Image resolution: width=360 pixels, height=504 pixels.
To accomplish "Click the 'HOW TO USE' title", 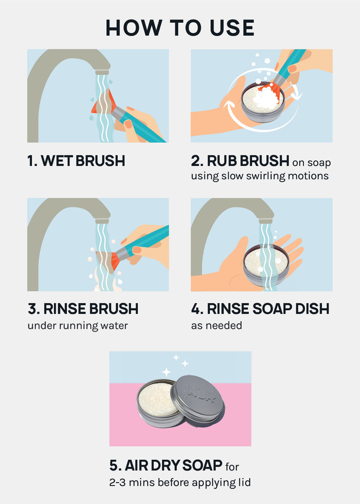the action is click(x=180, y=28).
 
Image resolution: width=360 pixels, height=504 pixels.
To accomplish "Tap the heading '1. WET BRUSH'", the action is click(x=76, y=161).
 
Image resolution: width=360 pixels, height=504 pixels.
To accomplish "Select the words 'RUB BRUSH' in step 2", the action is click(x=248, y=161).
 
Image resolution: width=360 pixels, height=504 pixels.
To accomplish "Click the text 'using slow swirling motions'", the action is click(x=260, y=176).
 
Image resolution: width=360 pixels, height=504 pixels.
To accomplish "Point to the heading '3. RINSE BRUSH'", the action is click(x=83, y=309).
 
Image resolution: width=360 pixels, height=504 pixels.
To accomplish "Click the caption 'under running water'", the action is click(x=77, y=326).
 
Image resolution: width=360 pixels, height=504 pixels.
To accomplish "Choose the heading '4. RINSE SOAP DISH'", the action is click(x=260, y=309).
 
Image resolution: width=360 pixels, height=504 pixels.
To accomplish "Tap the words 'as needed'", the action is click(x=217, y=326).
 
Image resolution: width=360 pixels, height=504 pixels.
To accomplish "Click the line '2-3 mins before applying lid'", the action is click(x=180, y=482).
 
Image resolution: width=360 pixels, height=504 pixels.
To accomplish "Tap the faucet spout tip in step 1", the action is click(x=102, y=72).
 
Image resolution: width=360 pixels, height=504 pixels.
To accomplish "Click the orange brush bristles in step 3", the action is click(x=108, y=260).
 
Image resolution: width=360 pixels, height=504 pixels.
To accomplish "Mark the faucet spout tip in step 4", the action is click(x=266, y=220).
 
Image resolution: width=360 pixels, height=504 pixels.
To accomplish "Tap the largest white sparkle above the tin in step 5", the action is click(x=166, y=372).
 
